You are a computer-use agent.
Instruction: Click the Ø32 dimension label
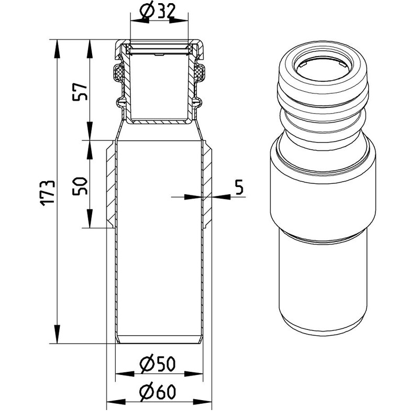tap(158, 10)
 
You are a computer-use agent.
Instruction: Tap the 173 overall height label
tap(48, 193)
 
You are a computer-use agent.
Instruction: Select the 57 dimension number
tap(80, 92)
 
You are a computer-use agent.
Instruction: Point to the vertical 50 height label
tap(80, 186)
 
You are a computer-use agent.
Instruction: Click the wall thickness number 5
tap(239, 187)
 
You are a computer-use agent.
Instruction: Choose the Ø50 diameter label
tap(158, 363)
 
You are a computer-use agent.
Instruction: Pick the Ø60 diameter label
tap(158, 392)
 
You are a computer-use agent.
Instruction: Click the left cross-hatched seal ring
tap(119, 72)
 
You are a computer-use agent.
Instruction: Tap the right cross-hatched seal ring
tap(199, 72)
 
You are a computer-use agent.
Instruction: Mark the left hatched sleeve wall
tap(111, 184)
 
